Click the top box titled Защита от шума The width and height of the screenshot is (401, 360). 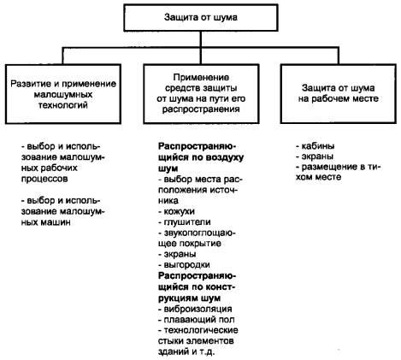(201, 18)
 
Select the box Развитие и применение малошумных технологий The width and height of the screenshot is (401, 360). (63, 94)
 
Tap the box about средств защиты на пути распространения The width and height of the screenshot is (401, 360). (201, 93)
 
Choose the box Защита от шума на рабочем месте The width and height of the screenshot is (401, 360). (339, 93)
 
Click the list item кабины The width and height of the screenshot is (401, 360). (315, 146)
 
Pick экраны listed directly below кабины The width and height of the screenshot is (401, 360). (315, 156)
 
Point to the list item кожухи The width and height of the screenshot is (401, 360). (177, 211)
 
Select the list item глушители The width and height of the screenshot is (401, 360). (185, 222)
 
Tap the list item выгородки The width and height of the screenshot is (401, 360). (184, 265)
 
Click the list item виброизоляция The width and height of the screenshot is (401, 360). (195, 309)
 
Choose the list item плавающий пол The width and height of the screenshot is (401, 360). (197, 320)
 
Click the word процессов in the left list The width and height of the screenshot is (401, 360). (44, 179)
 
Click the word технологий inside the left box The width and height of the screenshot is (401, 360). (63, 105)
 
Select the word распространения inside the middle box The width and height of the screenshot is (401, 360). (201, 109)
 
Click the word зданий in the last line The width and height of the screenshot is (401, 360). (173, 352)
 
